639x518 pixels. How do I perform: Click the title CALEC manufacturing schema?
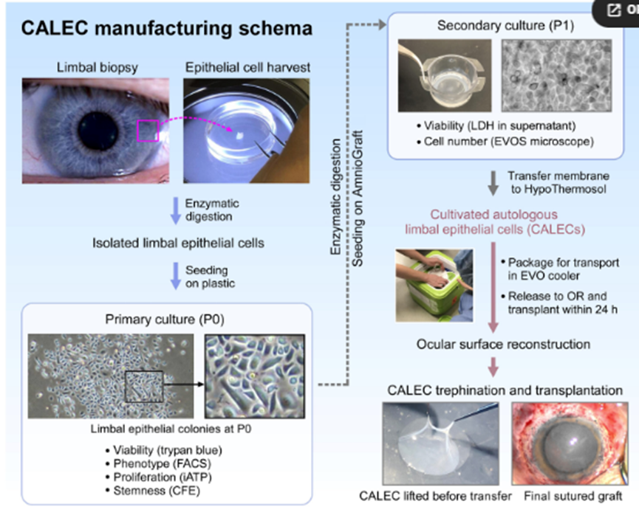[x=166, y=29]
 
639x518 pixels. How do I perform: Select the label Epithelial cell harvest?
[x=247, y=68]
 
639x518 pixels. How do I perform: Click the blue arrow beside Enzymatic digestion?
[x=175, y=210]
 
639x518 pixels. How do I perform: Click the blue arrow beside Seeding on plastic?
[x=175, y=276]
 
